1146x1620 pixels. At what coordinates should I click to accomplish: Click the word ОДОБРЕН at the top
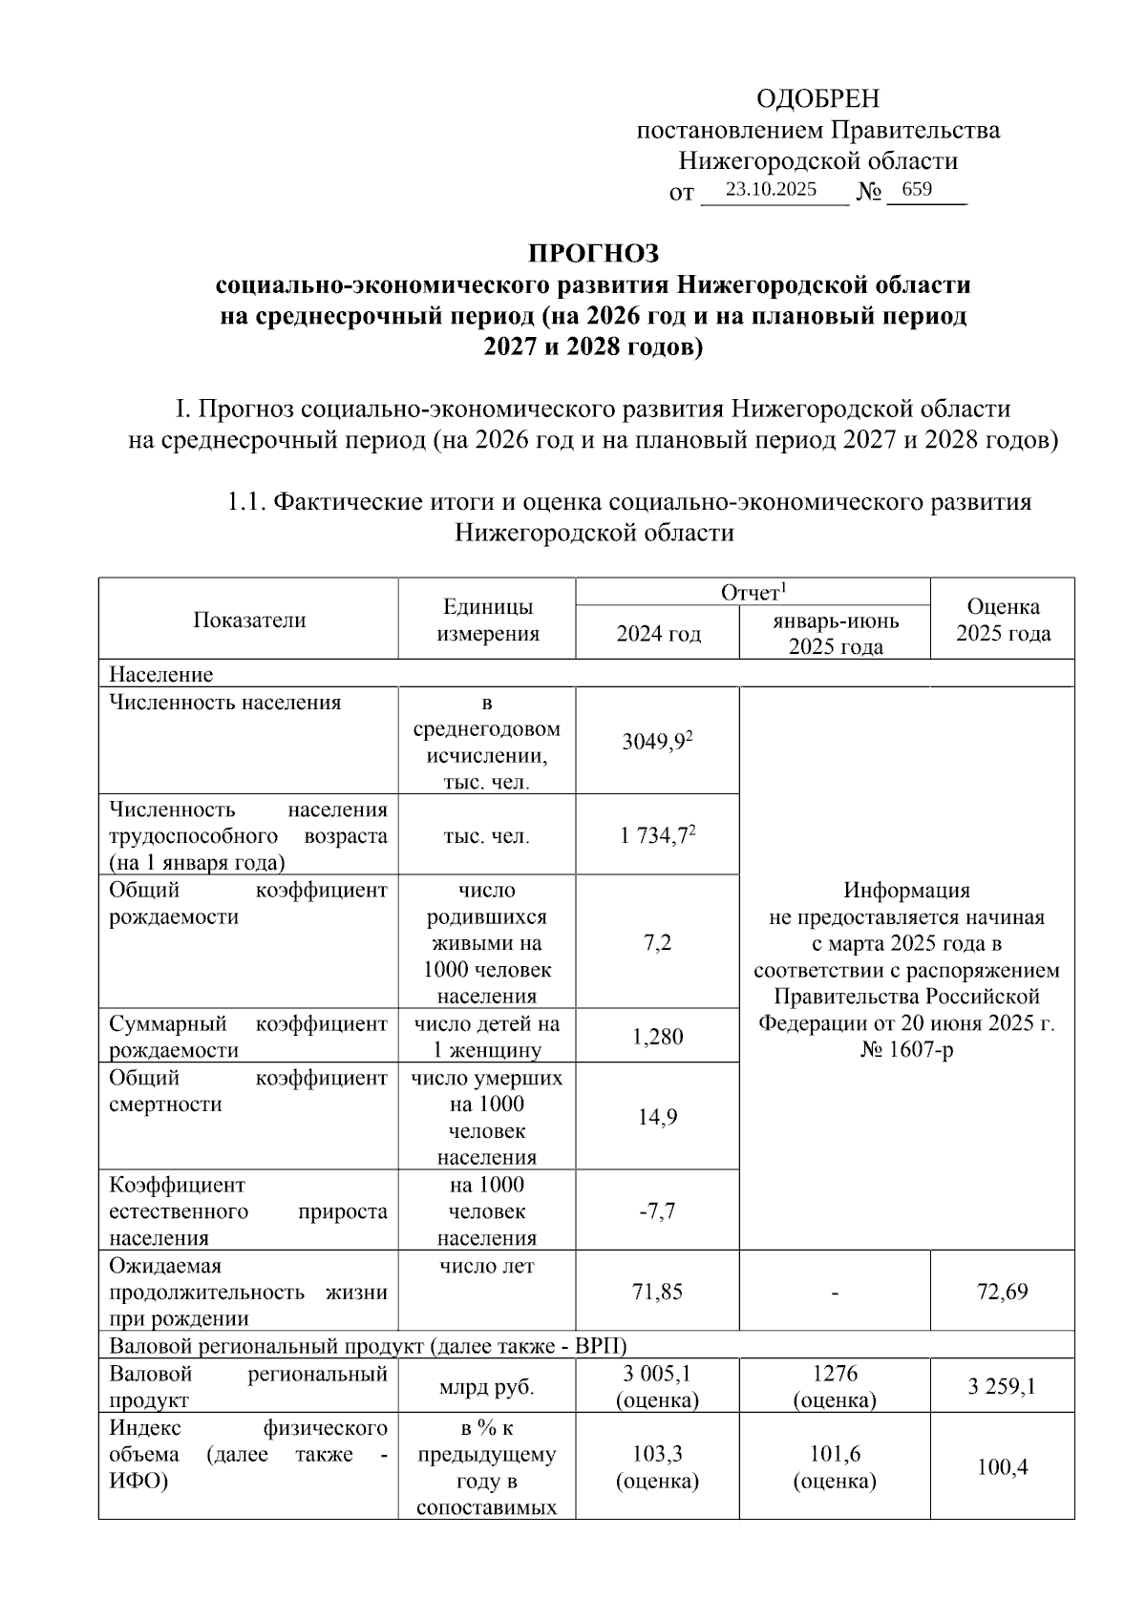[x=817, y=99]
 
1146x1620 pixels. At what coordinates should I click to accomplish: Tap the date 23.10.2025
[x=771, y=189]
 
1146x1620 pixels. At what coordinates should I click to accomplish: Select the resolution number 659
[x=916, y=189]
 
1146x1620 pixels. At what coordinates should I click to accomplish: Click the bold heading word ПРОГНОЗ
[x=594, y=254]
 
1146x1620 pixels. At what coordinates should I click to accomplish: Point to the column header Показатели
[x=249, y=620]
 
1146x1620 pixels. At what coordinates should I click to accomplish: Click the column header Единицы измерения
[x=487, y=620]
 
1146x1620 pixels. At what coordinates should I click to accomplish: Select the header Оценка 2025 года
[x=1003, y=620]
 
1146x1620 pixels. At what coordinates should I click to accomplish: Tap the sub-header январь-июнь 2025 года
[x=835, y=633]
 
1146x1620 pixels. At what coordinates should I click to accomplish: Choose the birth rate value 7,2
[x=657, y=943]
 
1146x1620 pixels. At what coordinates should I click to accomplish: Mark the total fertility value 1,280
[x=657, y=1037]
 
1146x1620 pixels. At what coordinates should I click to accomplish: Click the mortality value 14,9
[x=657, y=1117]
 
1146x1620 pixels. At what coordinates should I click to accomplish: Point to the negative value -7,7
[x=657, y=1211]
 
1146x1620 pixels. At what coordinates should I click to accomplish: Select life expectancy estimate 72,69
[x=1002, y=1293]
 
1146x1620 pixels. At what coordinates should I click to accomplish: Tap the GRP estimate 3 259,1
[x=1002, y=1387]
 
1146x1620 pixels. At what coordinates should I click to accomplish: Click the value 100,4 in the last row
[x=1002, y=1467]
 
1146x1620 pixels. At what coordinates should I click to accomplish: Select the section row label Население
[x=160, y=674]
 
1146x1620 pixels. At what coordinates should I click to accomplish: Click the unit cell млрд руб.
[x=487, y=1387]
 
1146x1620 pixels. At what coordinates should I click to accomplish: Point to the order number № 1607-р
[x=906, y=1050]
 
